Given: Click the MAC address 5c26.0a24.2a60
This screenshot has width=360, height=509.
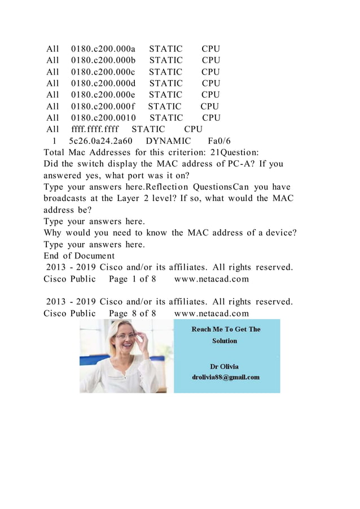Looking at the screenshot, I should (x=100, y=141).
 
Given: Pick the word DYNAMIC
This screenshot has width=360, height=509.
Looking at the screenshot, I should (x=168, y=141).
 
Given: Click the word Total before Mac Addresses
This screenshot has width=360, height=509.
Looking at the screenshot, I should (x=56, y=152).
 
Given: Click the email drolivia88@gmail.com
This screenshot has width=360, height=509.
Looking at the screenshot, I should (x=226, y=377).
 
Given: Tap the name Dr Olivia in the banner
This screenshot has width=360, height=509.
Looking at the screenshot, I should (x=226, y=366).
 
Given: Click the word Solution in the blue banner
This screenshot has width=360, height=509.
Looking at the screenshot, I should (x=225, y=341).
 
